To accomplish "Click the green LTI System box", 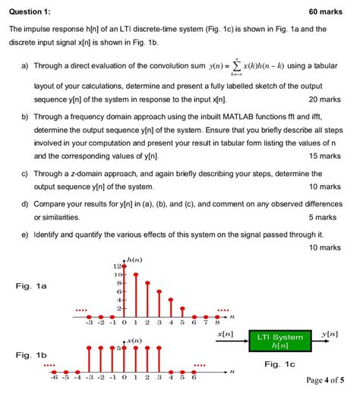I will point(279,342).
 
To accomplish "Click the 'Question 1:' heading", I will point(30,11).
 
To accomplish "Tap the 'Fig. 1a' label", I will point(31,286).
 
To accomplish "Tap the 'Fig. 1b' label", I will point(31,355).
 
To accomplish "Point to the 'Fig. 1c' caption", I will point(280,364).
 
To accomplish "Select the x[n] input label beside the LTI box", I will point(225,334).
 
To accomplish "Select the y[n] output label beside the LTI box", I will point(330,334).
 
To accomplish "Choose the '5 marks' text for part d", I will point(329,216).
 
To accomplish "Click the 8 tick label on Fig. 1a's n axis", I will point(217,322).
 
